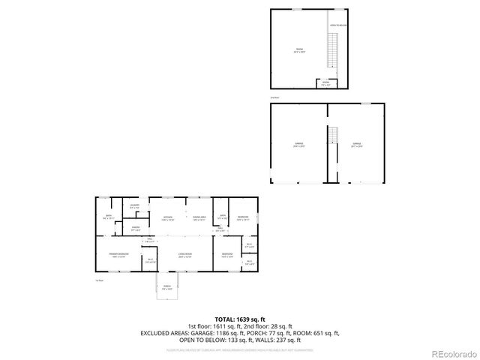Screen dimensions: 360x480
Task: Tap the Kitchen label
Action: coord(169,218)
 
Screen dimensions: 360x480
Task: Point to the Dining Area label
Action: coord(199,218)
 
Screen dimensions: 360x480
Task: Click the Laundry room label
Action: coord(135,207)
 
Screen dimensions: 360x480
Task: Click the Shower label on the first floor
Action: coord(136,229)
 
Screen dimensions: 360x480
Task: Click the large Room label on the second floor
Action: coord(298,51)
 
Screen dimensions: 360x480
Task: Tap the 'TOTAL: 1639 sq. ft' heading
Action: coord(240,319)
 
